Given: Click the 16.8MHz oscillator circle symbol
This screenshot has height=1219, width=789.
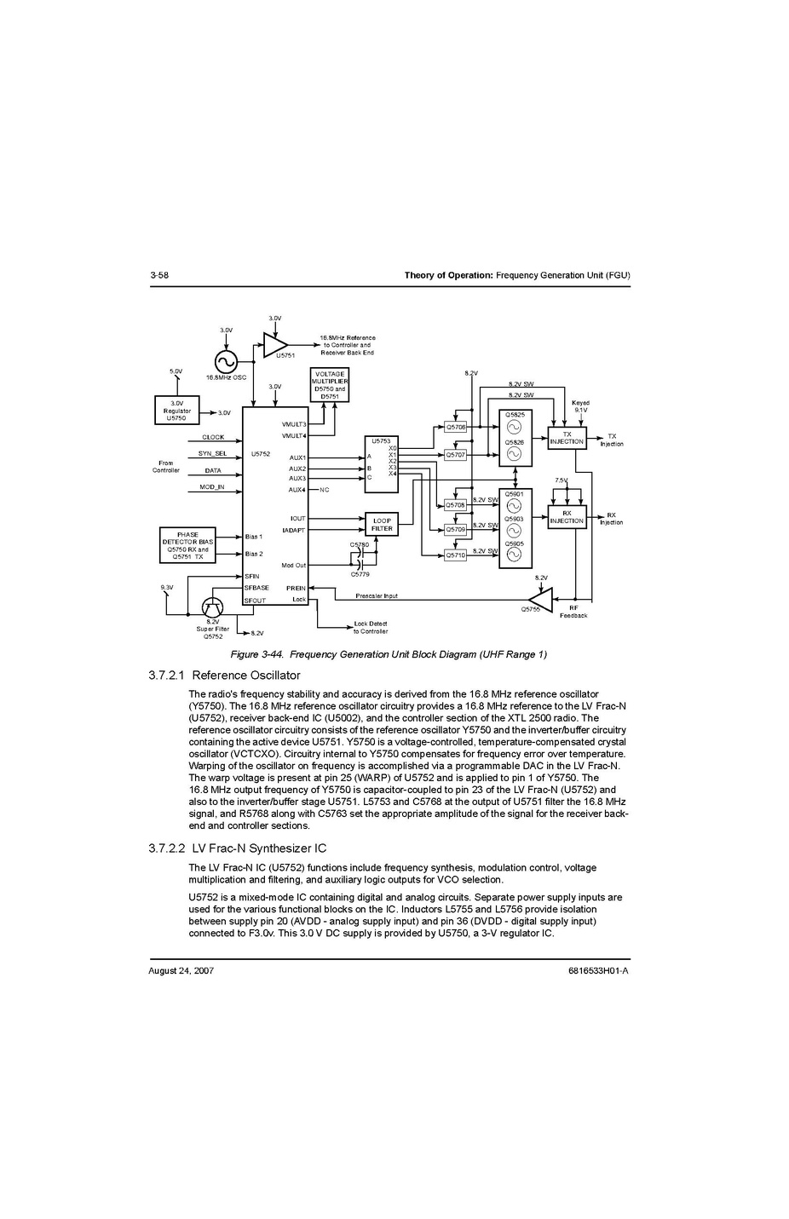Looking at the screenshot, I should [226, 362].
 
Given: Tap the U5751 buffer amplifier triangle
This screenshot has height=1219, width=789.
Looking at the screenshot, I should [274, 345].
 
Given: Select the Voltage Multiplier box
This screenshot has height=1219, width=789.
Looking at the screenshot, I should [330, 385].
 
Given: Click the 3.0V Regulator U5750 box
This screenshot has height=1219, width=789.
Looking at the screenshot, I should [176, 411].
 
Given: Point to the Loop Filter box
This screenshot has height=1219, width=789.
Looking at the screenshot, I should [382, 524].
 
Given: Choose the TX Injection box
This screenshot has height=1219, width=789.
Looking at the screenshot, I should [567, 438].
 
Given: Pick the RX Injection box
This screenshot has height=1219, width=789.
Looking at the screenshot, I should [567, 517].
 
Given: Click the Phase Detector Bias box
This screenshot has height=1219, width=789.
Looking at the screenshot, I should [187, 545].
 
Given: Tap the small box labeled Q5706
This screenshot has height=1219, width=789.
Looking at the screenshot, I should [456, 427].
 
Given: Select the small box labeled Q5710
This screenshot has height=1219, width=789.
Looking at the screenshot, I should [456, 555].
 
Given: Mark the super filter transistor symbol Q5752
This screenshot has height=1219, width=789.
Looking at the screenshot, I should [212, 607].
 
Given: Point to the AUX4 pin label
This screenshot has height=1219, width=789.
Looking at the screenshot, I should [297, 490].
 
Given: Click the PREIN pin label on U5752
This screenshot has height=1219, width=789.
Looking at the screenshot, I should [296, 588].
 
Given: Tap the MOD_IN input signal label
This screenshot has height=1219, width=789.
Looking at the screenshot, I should [212, 487].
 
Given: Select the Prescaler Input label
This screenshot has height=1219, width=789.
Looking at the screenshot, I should [377, 595].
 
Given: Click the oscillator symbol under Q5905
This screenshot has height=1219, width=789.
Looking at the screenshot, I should [514, 555].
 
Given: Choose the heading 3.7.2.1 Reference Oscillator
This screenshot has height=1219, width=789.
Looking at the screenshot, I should [224, 676].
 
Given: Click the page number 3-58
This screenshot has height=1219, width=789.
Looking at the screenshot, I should [159, 275].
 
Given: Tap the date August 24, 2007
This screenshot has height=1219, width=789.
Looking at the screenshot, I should [181, 970].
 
